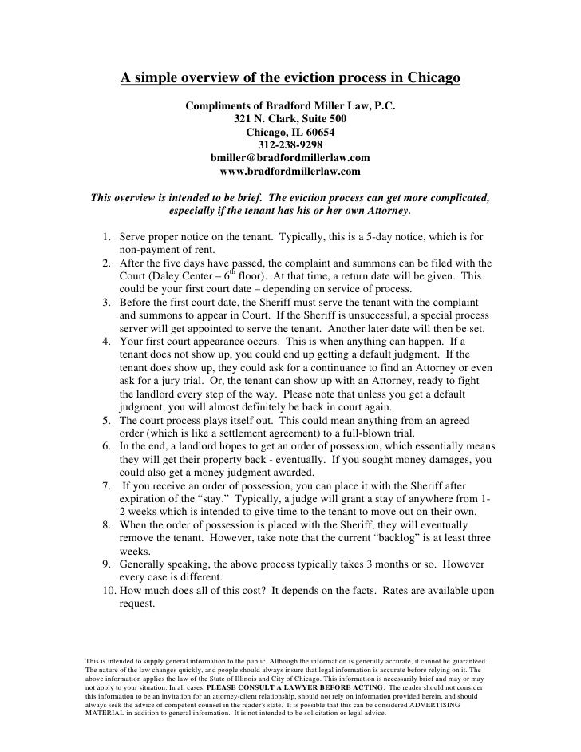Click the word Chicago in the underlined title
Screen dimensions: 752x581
click(423, 78)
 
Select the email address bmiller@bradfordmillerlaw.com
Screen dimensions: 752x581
click(290, 158)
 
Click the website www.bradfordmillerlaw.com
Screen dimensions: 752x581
click(290, 171)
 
